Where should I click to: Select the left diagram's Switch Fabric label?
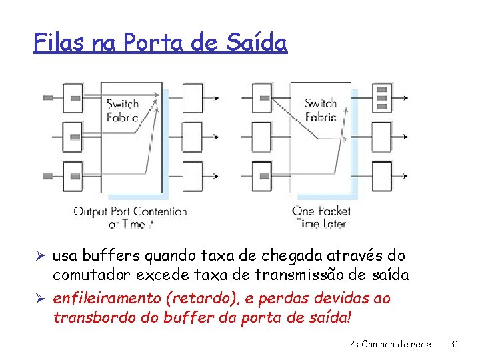click(x=123, y=110)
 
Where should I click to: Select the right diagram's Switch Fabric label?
click(x=321, y=110)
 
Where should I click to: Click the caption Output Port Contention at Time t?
click(x=130, y=218)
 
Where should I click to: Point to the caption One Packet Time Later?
click(x=321, y=218)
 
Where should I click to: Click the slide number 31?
click(x=455, y=344)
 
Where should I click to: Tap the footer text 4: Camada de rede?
click(x=391, y=344)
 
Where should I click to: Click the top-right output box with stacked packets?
click(x=382, y=97)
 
